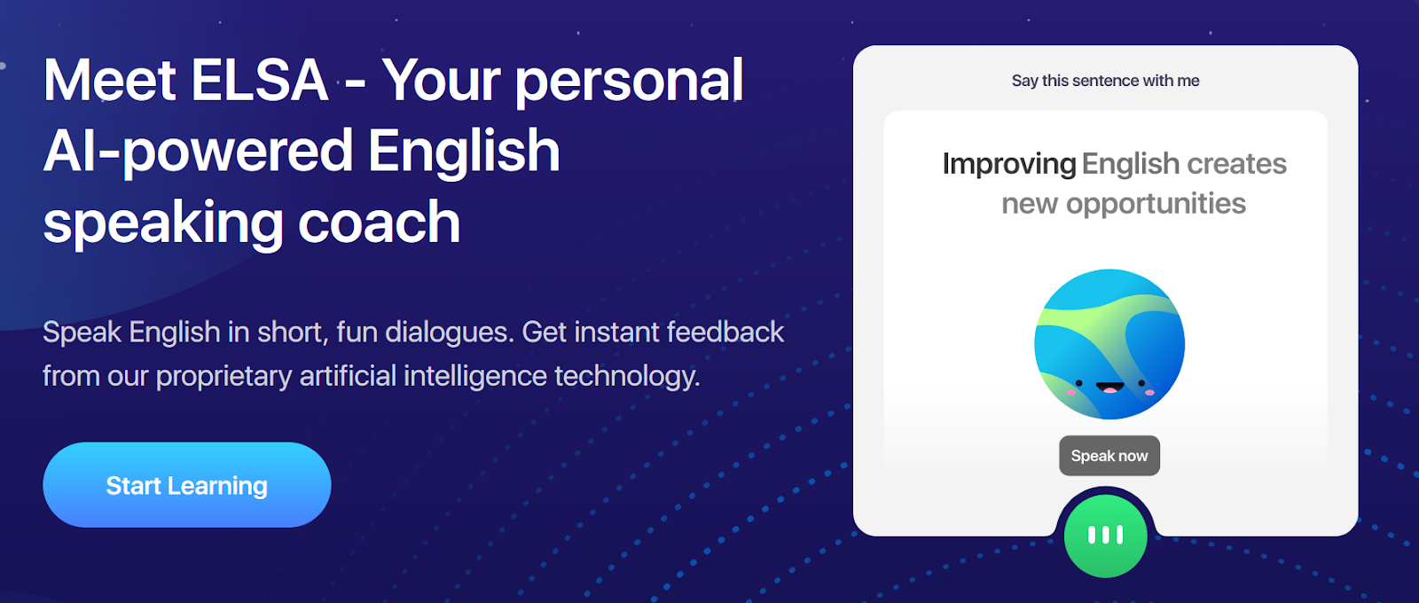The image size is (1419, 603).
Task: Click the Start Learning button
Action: (187, 484)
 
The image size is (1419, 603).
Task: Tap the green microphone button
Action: (1105, 536)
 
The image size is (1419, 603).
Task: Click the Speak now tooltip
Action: (1109, 456)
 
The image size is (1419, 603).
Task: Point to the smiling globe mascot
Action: (1109, 344)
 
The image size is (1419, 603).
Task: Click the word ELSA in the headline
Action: (259, 81)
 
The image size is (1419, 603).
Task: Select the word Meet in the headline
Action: (109, 81)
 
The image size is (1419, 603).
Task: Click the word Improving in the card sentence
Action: (1009, 165)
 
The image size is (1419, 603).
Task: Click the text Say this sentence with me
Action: (1105, 81)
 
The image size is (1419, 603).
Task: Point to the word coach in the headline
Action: (379, 223)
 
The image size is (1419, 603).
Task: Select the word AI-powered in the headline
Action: (198, 152)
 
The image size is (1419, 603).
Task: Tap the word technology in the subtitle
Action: (627, 376)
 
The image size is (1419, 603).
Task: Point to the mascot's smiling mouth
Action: (1109, 387)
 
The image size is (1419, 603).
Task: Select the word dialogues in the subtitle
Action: (450, 333)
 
